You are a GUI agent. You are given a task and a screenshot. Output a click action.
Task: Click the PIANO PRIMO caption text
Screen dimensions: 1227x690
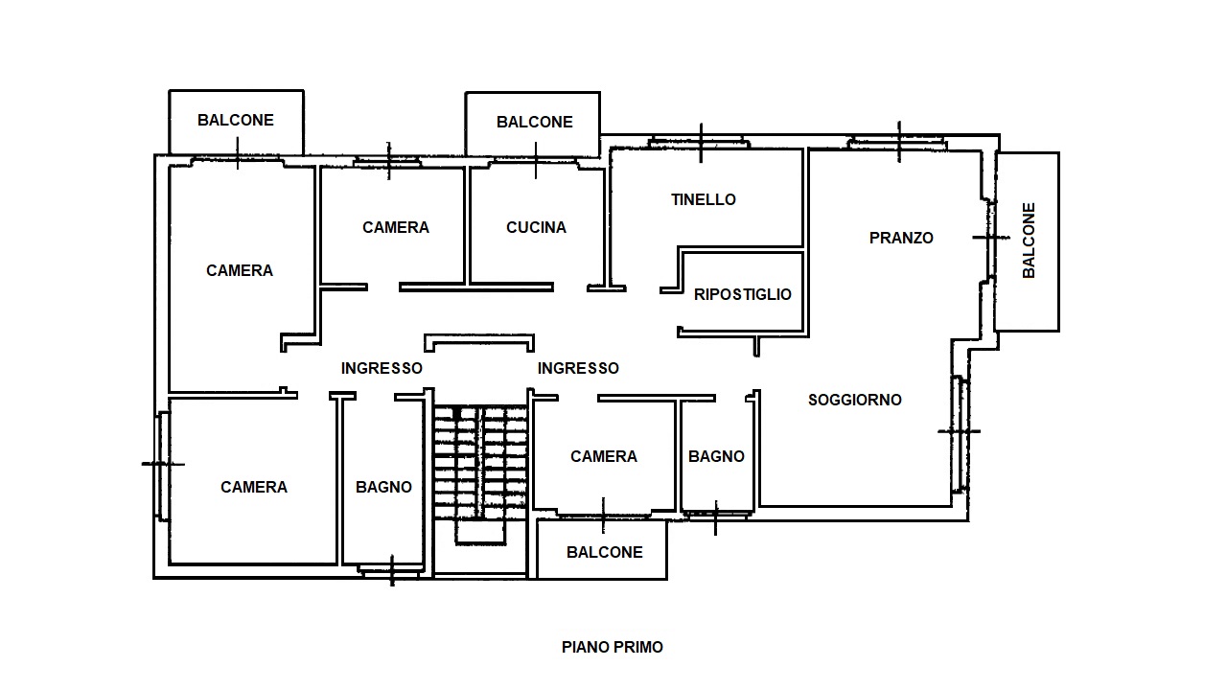[x=613, y=647]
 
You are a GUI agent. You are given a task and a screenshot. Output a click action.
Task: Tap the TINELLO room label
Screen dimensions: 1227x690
[x=704, y=199]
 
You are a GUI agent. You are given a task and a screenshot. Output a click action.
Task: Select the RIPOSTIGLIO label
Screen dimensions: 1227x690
[x=742, y=294]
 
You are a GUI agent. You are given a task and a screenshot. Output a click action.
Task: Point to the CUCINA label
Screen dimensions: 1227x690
[x=536, y=227]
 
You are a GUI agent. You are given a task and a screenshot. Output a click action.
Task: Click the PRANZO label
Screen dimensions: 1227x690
[x=901, y=238]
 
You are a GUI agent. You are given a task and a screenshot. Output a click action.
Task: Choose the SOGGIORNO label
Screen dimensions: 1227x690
[x=854, y=400]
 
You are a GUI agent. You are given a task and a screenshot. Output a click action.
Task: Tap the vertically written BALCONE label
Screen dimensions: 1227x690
[x=1029, y=241]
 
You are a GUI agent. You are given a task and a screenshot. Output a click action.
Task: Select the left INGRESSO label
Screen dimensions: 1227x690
[x=382, y=368]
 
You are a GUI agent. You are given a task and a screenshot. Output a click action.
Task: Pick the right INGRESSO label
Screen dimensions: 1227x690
[x=578, y=368]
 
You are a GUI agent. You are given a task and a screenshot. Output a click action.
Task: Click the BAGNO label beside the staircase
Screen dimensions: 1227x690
[x=383, y=487]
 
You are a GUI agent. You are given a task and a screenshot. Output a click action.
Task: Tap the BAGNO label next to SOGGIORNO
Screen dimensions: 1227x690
[x=716, y=456]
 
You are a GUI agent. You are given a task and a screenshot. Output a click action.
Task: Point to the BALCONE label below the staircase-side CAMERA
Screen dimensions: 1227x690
[x=604, y=552]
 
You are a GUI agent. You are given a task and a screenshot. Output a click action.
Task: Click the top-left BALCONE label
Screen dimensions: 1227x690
[x=236, y=120]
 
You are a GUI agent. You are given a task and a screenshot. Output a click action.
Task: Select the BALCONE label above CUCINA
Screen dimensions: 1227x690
[x=535, y=122]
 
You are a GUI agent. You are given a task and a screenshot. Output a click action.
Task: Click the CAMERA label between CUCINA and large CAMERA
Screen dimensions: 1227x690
[x=396, y=227]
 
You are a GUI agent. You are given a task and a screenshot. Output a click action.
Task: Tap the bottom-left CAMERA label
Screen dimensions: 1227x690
[x=254, y=487]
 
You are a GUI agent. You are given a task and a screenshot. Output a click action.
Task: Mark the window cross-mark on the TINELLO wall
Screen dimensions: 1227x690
[x=701, y=143]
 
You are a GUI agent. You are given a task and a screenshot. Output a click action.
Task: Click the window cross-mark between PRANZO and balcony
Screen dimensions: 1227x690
[x=991, y=238]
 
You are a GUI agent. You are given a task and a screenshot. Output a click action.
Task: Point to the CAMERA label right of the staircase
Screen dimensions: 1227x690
[x=604, y=456]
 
